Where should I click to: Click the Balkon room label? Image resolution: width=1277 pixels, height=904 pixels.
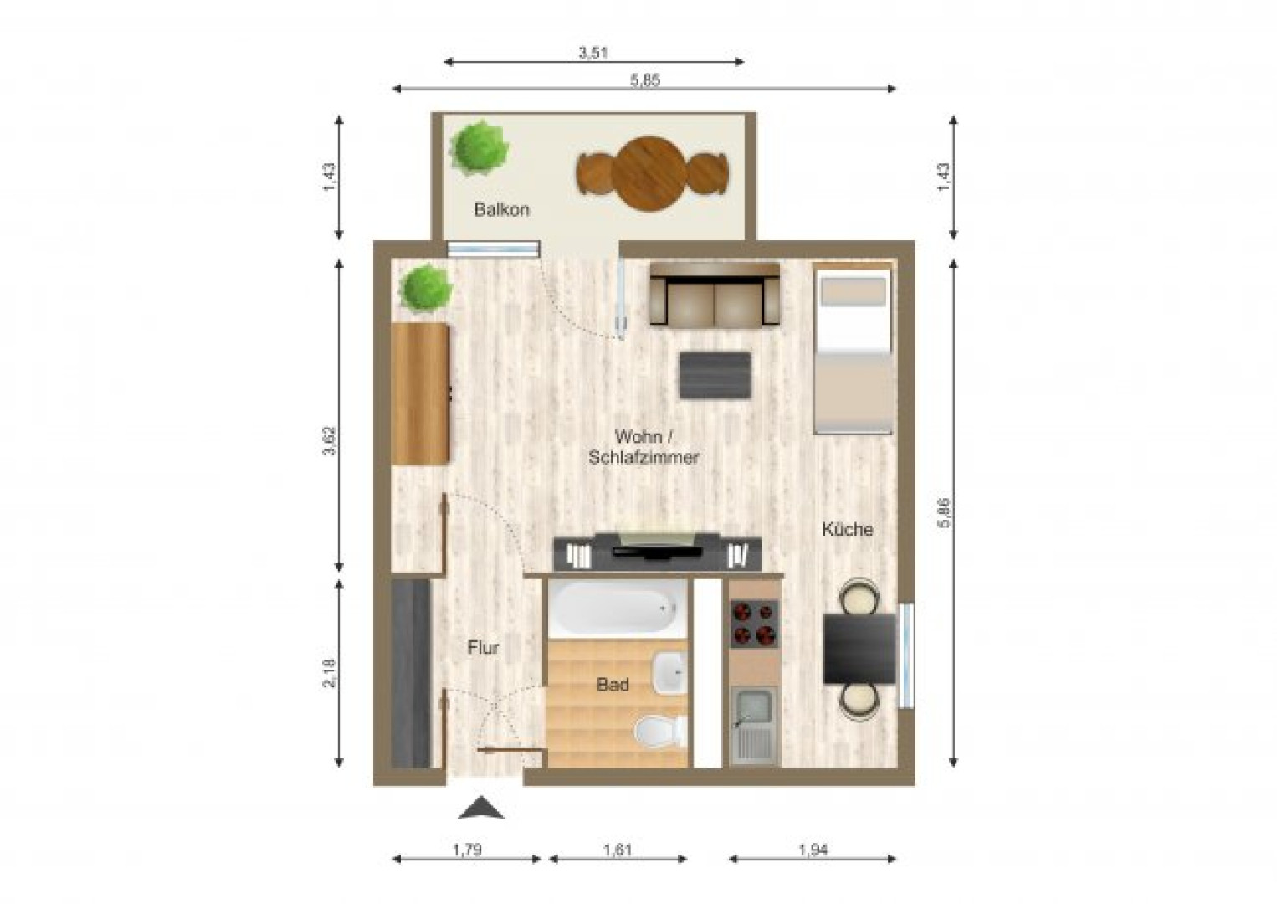tap(502, 210)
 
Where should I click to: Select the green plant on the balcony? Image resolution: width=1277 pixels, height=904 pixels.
tap(478, 147)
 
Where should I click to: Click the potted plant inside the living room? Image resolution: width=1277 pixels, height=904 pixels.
tap(425, 288)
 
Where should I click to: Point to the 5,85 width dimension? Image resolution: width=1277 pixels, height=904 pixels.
tap(644, 80)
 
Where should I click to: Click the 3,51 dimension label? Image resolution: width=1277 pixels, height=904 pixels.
tap(593, 54)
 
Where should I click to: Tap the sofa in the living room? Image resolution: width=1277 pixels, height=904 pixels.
tap(715, 295)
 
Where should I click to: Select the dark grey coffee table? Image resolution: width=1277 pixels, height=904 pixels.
tap(715, 375)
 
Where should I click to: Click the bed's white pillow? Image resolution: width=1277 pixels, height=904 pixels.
tap(853, 291)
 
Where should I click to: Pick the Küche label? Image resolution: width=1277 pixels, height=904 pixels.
tap(847, 529)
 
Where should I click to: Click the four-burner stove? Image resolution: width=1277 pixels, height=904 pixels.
tap(755, 624)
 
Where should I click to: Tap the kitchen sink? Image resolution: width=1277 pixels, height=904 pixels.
tap(754, 725)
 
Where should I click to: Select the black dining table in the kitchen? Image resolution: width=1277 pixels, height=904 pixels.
tap(859, 649)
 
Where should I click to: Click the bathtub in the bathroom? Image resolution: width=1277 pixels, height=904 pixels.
tap(618, 609)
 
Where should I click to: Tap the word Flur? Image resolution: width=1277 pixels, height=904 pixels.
tap(483, 648)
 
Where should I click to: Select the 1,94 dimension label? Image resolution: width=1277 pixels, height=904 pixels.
tap(813, 850)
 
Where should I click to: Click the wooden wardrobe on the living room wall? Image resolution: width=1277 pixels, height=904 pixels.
tap(421, 393)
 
